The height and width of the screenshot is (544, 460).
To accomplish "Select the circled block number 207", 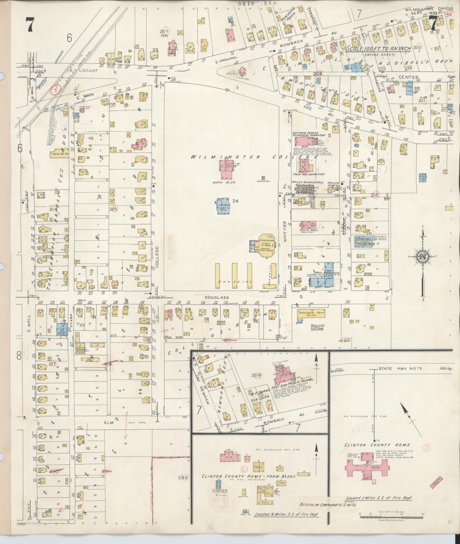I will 165,31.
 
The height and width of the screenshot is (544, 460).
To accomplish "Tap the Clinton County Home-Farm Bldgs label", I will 249,476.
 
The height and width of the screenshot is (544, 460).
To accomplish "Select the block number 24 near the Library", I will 235,201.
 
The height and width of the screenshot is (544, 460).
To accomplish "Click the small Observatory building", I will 263,178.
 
